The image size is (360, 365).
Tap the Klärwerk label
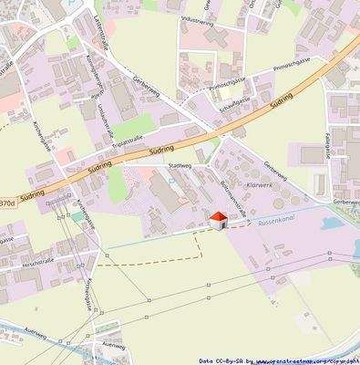261,184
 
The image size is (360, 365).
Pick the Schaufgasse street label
236,106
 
